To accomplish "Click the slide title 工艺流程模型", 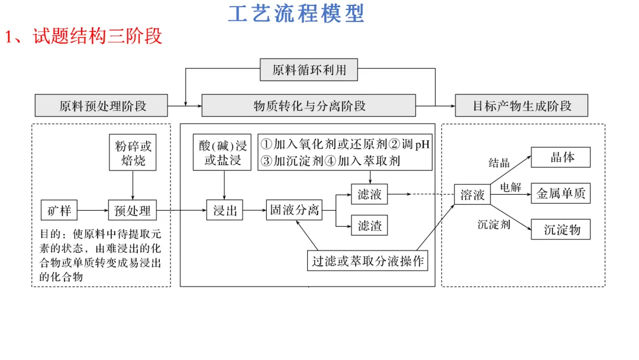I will (x=296, y=14).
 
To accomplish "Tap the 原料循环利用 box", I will (x=309, y=70).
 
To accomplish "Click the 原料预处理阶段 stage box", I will (x=102, y=106).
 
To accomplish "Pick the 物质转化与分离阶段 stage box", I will (x=309, y=106).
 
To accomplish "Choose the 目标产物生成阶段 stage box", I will (x=521, y=106).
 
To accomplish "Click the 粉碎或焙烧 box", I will (x=133, y=153).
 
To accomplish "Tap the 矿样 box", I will (x=59, y=210).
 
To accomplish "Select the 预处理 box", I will (x=133, y=210).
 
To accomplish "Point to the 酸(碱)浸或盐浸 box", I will (x=223, y=153).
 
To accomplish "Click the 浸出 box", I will (x=225, y=210).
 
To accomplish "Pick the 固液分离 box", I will (x=294, y=210).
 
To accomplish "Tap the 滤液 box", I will (x=370, y=194).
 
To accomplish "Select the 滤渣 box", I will (x=370, y=226).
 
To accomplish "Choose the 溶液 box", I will (x=472, y=194).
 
